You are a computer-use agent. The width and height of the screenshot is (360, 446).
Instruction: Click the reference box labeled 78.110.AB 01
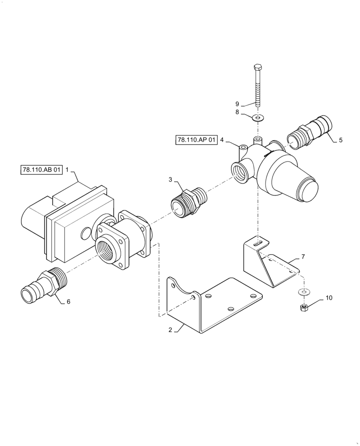click(x=41, y=170)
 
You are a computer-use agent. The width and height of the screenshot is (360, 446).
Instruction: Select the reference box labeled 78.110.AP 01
click(x=196, y=140)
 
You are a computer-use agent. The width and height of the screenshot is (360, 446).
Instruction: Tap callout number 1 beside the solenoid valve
click(x=67, y=170)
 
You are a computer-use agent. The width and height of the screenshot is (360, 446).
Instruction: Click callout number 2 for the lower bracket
click(x=170, y=330)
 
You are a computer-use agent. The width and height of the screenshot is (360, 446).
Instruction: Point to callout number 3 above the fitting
click(x=170, y=179)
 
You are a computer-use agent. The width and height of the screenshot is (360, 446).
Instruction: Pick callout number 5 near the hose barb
click(x=340, y=140)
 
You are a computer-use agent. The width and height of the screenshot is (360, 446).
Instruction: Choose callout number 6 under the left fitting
click(x=68, y=301)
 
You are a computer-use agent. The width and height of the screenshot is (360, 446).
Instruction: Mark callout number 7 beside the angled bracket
click(x=303, y=257)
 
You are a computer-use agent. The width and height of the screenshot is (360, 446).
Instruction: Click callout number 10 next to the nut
click(x=328, y=297)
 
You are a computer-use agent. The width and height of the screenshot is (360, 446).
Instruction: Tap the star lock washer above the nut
click(x=303, y=293)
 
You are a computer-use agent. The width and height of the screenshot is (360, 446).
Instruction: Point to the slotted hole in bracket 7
click(x=258, y=244)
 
